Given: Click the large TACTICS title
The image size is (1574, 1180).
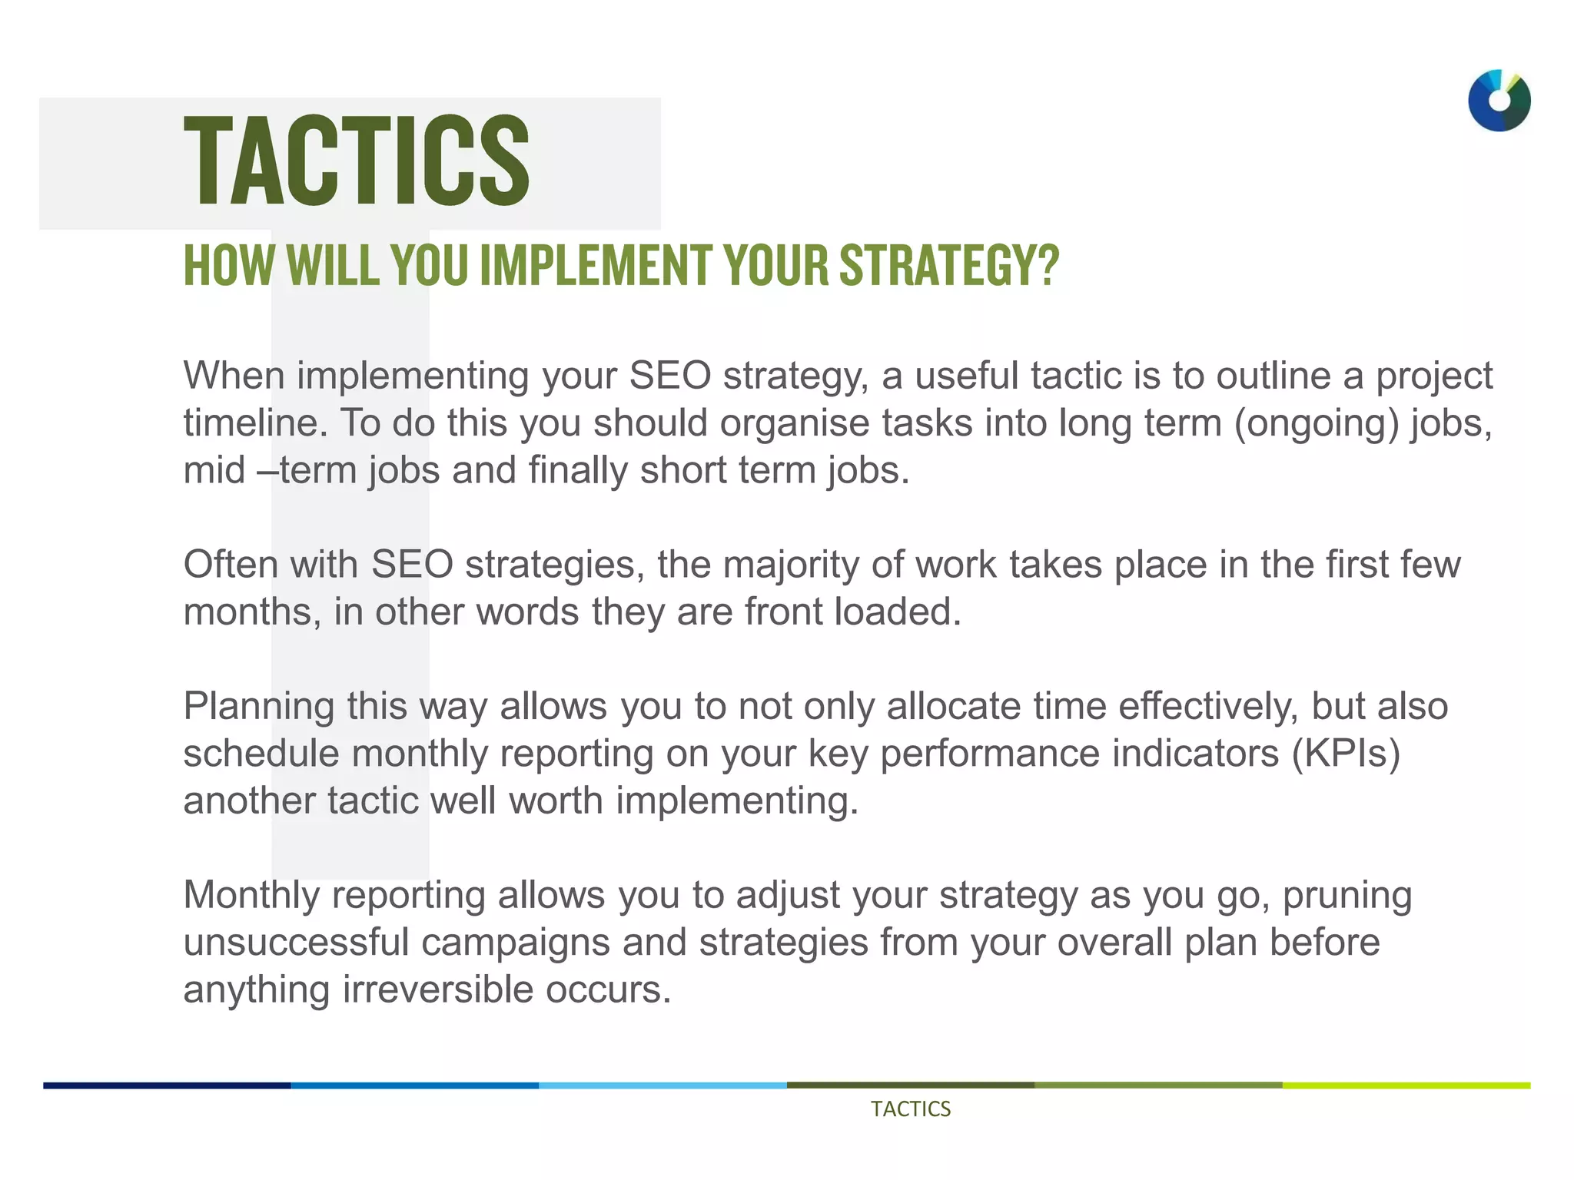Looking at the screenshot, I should [x=357, y=161].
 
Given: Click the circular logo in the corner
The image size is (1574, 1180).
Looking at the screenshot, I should [x=1499, y=101].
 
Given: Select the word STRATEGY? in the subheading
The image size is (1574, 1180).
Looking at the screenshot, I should [x=949, y=265].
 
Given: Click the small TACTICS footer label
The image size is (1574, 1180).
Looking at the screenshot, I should [x=911, y=1109].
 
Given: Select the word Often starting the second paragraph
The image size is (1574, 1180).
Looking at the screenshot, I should [x=230, y=565].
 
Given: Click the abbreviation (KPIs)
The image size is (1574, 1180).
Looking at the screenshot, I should [x=1346, y=754].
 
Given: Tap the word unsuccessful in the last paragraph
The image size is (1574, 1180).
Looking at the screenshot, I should [x=296, y=943].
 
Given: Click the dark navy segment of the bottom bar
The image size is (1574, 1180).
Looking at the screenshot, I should [x=167, y=1086].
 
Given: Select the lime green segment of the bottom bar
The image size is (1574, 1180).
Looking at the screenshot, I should [x=1406, y=1086].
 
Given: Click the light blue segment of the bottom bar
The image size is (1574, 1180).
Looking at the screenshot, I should [x=662, y=1086].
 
